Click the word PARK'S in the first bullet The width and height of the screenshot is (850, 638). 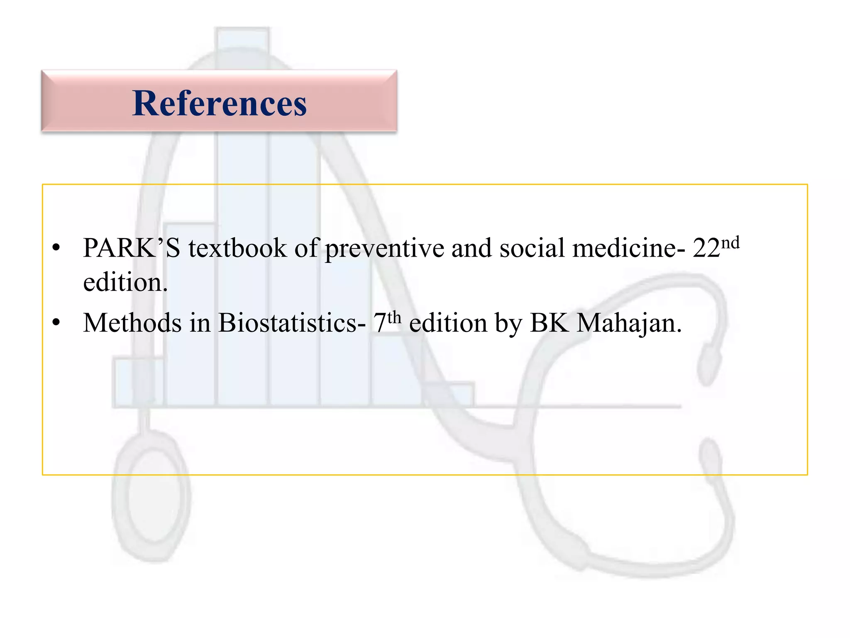click(x=132, y=248)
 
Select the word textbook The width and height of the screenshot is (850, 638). click(x=237, y=248)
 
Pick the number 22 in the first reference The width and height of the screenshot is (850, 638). click(x=706, y=248)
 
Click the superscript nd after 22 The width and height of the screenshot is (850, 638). click(x=730, y=242)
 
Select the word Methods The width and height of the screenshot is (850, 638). click(x=132, y=323)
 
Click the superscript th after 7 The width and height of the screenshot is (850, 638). click(x=395, y=317)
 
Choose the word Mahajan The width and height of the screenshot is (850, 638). click(x=629, y=324)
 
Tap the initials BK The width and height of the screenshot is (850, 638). click(x=549, y=323)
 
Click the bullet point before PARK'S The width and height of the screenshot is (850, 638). click(x=56, y=248)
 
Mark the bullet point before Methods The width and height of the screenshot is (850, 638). click(x=56, y=323)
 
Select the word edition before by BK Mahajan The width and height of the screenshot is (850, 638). click(x=448, y=323)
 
